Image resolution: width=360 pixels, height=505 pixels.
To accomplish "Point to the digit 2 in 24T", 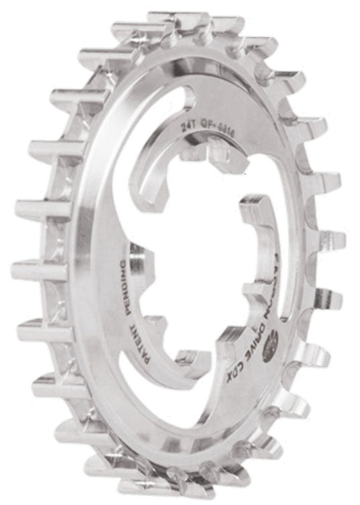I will (x=184, y=122).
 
